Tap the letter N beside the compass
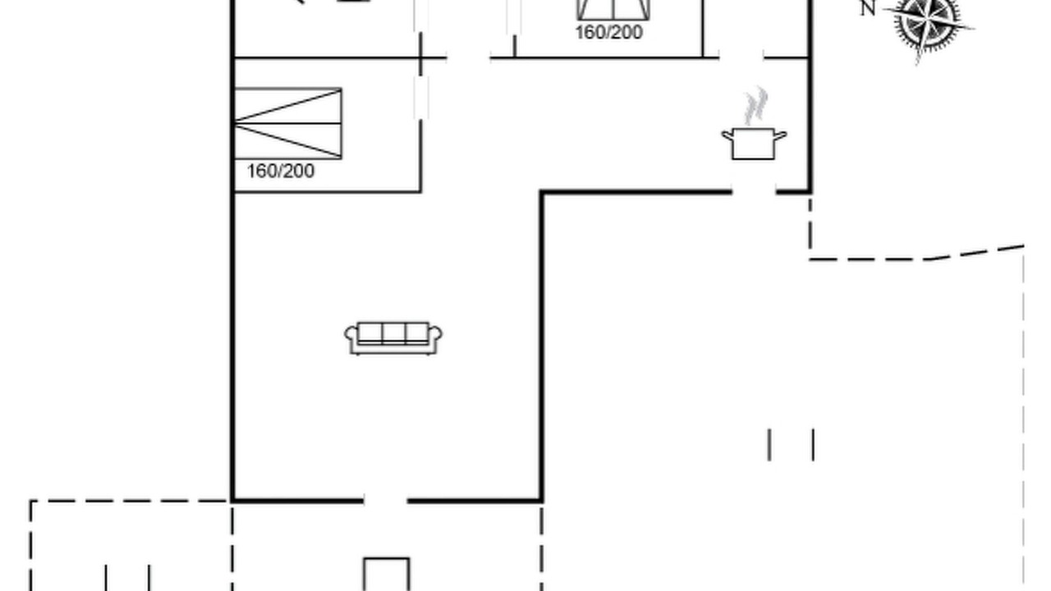pyautogui.click(x=868, y=8)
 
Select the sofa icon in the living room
pyautogui.click(x=393, y=337)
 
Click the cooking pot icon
pyautogui.click(x=754, y=144)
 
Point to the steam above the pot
pyautogui.click(x=756, y=106)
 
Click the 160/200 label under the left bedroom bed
pyautogui.click(x=281, y=172)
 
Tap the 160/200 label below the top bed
pyautogui.click(x=609, y=32)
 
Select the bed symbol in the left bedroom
pyautogui.click(x=288, y=123)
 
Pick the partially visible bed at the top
pyautogui.click(x=613, y=10)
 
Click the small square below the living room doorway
pyautogui.click(x=387, y=574)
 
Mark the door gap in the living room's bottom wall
pyautogui.click(x=385, y=501)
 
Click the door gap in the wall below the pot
pyautogui.click(x=754, y=192)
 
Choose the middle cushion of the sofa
pyautogui.click(x=393, y=332)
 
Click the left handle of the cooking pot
pyautogui.click(x=727, y=136)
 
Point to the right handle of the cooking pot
pyautogui.click(x=781, y=136)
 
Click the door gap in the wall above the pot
pyautogui.click(x=741, y=58)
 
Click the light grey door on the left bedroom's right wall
pyautogui.click(x=421, y=98)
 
